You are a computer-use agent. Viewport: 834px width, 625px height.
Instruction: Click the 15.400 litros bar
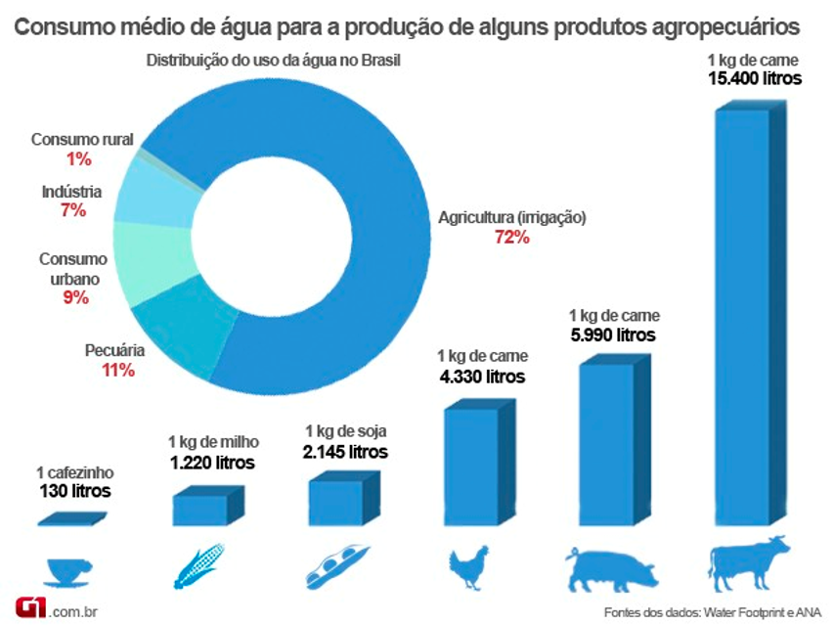(x=751, y=314)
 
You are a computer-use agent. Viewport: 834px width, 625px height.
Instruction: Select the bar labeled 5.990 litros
(x=615, y=440)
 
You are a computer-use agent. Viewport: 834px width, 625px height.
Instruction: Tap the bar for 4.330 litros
(x=480, y=463)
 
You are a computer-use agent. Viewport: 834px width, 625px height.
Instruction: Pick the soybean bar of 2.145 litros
(x=345, y=499)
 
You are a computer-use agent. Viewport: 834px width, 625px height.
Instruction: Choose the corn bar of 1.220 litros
(x=208, y=506)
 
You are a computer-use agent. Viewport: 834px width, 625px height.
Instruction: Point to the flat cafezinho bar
(x=72, y=519)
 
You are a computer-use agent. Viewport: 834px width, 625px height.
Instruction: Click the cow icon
(x=748, y=563)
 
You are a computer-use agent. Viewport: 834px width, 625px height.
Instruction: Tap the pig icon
(x=612, y=570)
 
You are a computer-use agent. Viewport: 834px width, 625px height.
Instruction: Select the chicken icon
(x=468, y=567)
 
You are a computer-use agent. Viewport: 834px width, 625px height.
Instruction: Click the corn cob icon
(x=198, y=566)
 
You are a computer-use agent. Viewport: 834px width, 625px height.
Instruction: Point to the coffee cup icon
(x=69, y=572)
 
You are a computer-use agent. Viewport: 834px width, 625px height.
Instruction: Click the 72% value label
(x=512, y=238)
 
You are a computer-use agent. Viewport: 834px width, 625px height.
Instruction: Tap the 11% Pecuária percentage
(x=118, y=371)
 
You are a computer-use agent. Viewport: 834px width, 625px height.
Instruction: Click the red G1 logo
(x=30, y=607)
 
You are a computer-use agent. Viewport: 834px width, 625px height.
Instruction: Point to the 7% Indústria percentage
(x=73, y=210)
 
